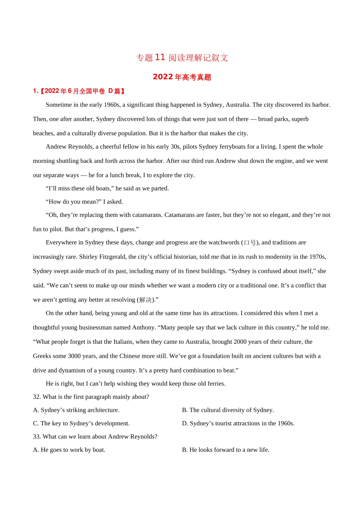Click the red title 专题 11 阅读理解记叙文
tap(182, 57)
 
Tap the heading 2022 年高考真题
tap(182, 77)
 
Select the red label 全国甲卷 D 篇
tap(102, 91)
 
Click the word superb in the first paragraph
tap(300, 119)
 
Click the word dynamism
tap(70, 371)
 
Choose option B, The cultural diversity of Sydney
tap(228, 410)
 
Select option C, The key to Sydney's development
tap(81, 423)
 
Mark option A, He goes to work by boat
tap(69, 450)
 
